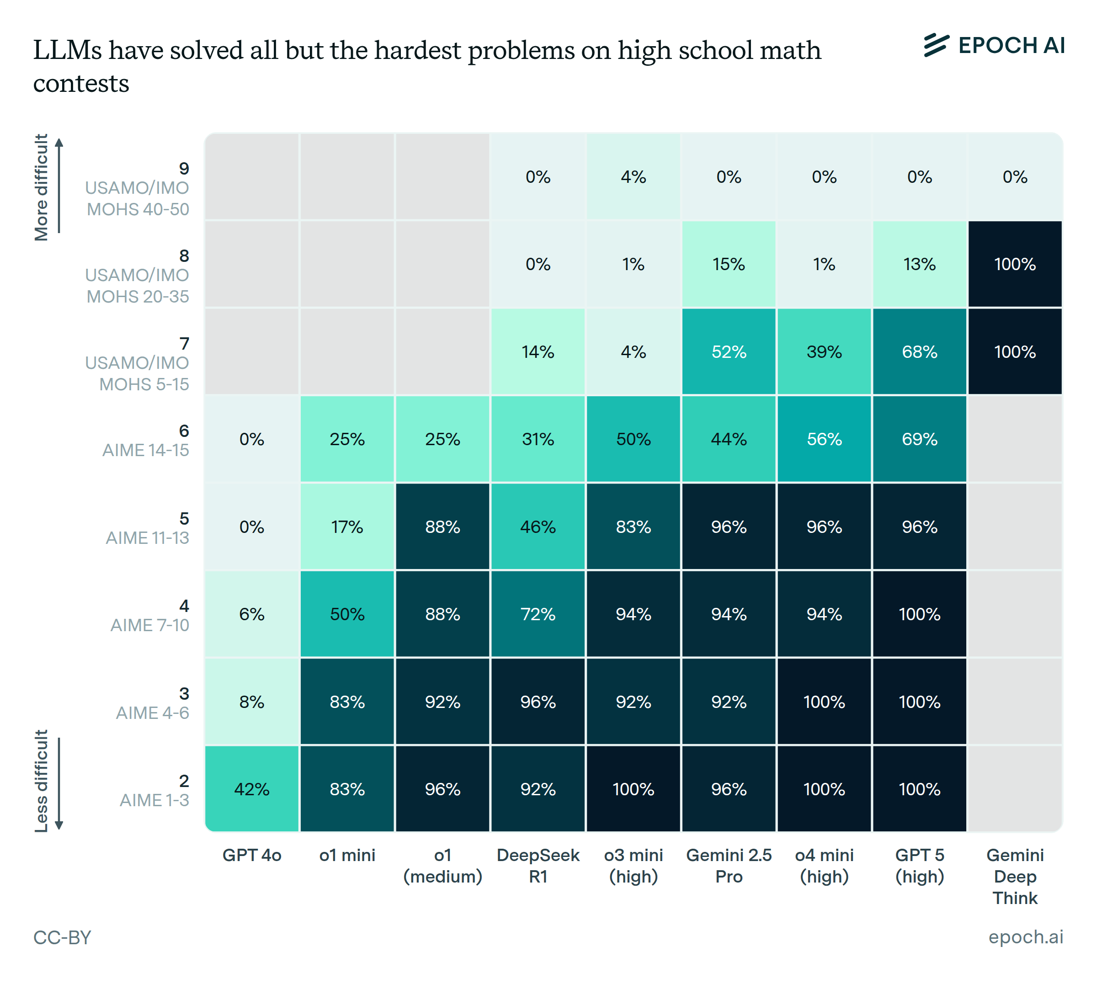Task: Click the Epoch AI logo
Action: (994, 45)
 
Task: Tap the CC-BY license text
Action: (62, 937)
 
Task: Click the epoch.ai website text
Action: (1025, 936)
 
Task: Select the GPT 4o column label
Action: (252, 855)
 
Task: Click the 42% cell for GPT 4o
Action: (252, 789)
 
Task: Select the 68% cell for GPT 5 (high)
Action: (919, 351)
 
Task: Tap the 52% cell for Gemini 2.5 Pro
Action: (728, 351)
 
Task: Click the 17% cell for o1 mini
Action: (347, 527)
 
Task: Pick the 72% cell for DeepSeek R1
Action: (538, 614)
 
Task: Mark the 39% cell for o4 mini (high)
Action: (824, 351)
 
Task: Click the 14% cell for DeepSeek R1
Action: (538, 351)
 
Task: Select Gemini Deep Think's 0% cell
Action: (1015, 177)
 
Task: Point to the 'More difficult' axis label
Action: (42, 187)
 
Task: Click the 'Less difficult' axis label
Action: (42, 781)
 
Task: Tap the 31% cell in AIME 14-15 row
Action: (538, 439)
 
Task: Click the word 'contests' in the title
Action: (81, 83)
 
